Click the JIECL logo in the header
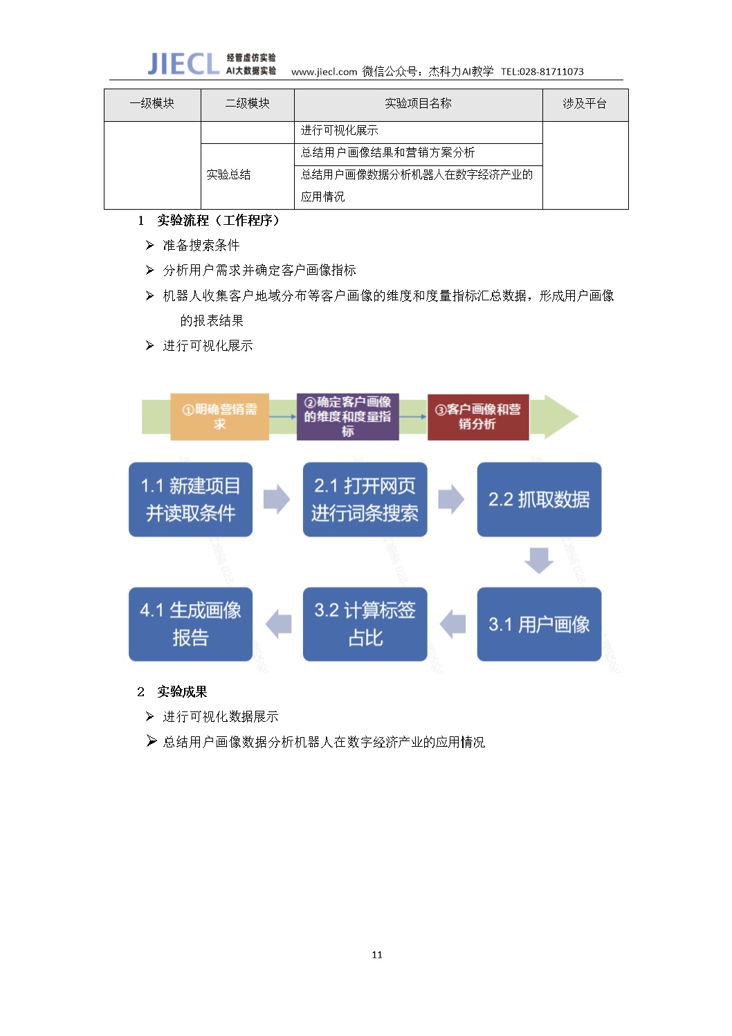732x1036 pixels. [x=183, y=64]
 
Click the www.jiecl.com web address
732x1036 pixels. [x=324, y=72]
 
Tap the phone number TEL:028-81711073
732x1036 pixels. [x=542, y=72]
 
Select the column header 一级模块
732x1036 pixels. [x=152, y=103]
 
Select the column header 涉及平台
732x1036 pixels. [x=585, y=103]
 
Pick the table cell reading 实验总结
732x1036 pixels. [x=228, y=174]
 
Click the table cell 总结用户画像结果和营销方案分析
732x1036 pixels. [x=387, y=152]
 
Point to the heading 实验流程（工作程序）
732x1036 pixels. [x=218, y=220]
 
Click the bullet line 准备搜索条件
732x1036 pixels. [x=201, y=245]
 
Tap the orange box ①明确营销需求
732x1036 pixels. [x=219, y=417]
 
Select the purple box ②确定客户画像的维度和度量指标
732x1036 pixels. [x=348, y=417]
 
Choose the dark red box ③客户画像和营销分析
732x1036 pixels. [x=478, y=417]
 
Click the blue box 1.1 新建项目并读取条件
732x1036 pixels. [x=190, y=500]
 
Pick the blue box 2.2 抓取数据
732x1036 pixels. [x=539, y=500]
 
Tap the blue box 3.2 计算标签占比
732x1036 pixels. [x=365, y=624]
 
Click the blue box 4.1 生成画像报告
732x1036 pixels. [x=190, y=624]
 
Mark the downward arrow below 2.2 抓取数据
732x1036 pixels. [x=539, y=561]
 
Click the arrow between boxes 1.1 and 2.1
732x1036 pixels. [x=277, y=500]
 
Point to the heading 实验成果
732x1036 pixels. [x=182, y=692]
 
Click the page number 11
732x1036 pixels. [x=377, y=954]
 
